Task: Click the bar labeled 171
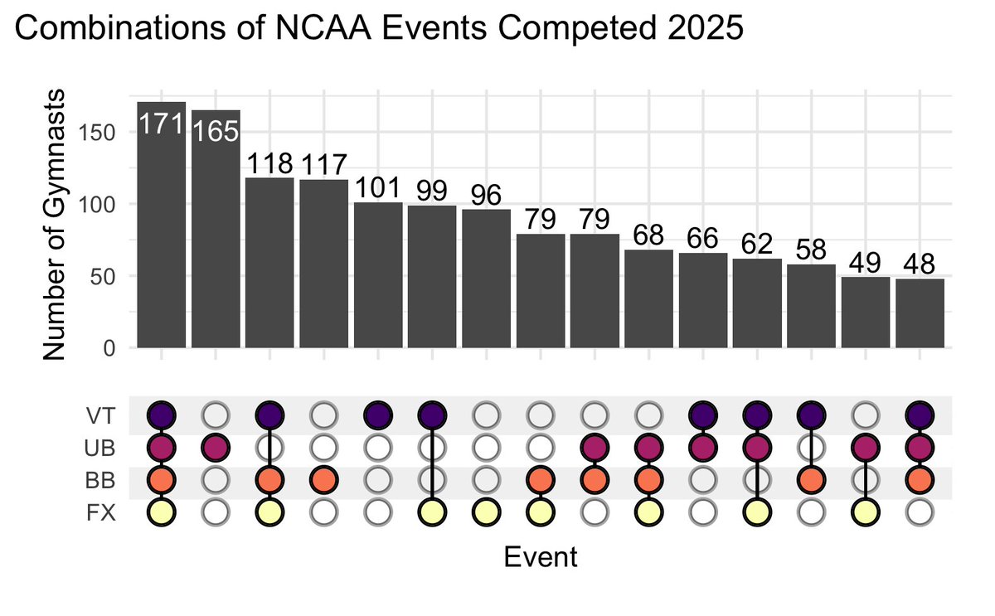162,240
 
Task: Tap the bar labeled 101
378,274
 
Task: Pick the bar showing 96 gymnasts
486,278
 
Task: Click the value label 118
270,164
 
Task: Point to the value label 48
920,265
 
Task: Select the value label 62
757,245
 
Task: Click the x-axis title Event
541,555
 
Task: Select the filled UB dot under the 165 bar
216,448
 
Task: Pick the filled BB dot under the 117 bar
324,481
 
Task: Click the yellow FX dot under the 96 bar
486,514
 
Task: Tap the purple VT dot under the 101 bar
378,415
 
